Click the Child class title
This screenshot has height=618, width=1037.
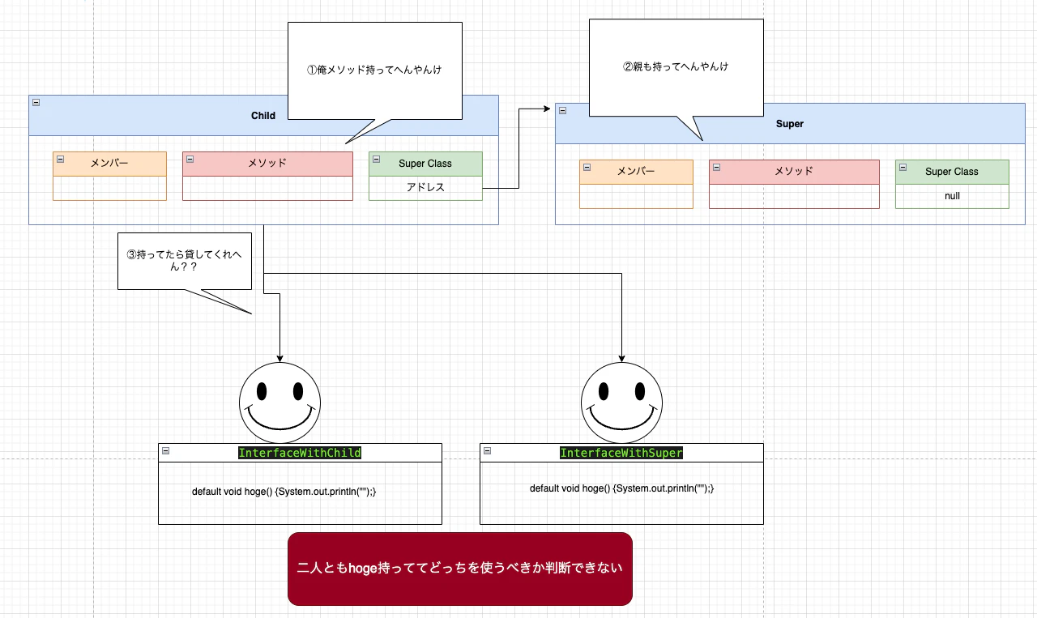click(263, 116)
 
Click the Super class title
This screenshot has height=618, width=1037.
click(790, 124)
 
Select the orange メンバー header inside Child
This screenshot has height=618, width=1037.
click(109, 164)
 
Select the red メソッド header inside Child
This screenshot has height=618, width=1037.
click(267, 164)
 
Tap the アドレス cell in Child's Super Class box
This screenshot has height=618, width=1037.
click(425, 188)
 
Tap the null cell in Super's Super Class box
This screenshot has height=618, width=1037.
click(952, 196)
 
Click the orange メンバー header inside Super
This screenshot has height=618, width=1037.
click(636, 172)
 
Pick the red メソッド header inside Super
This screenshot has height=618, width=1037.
click(794, 172)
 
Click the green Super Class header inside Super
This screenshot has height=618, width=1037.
click(952, 172)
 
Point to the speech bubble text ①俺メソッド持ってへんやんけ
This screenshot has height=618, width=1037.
click(374, 70)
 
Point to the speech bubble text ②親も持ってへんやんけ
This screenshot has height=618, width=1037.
click(676, 66)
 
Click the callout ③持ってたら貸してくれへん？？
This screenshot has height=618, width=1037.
click(185, 260)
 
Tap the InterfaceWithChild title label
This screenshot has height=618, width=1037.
click(300, 453)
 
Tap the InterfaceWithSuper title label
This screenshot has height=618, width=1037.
click(621, 453)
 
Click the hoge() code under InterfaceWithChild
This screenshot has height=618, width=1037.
click(284, 492)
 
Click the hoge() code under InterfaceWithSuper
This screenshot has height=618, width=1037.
click(622, 488)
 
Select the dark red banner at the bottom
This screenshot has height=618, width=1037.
click(459, 569)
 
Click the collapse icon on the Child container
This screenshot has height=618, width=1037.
click(36, 102)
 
